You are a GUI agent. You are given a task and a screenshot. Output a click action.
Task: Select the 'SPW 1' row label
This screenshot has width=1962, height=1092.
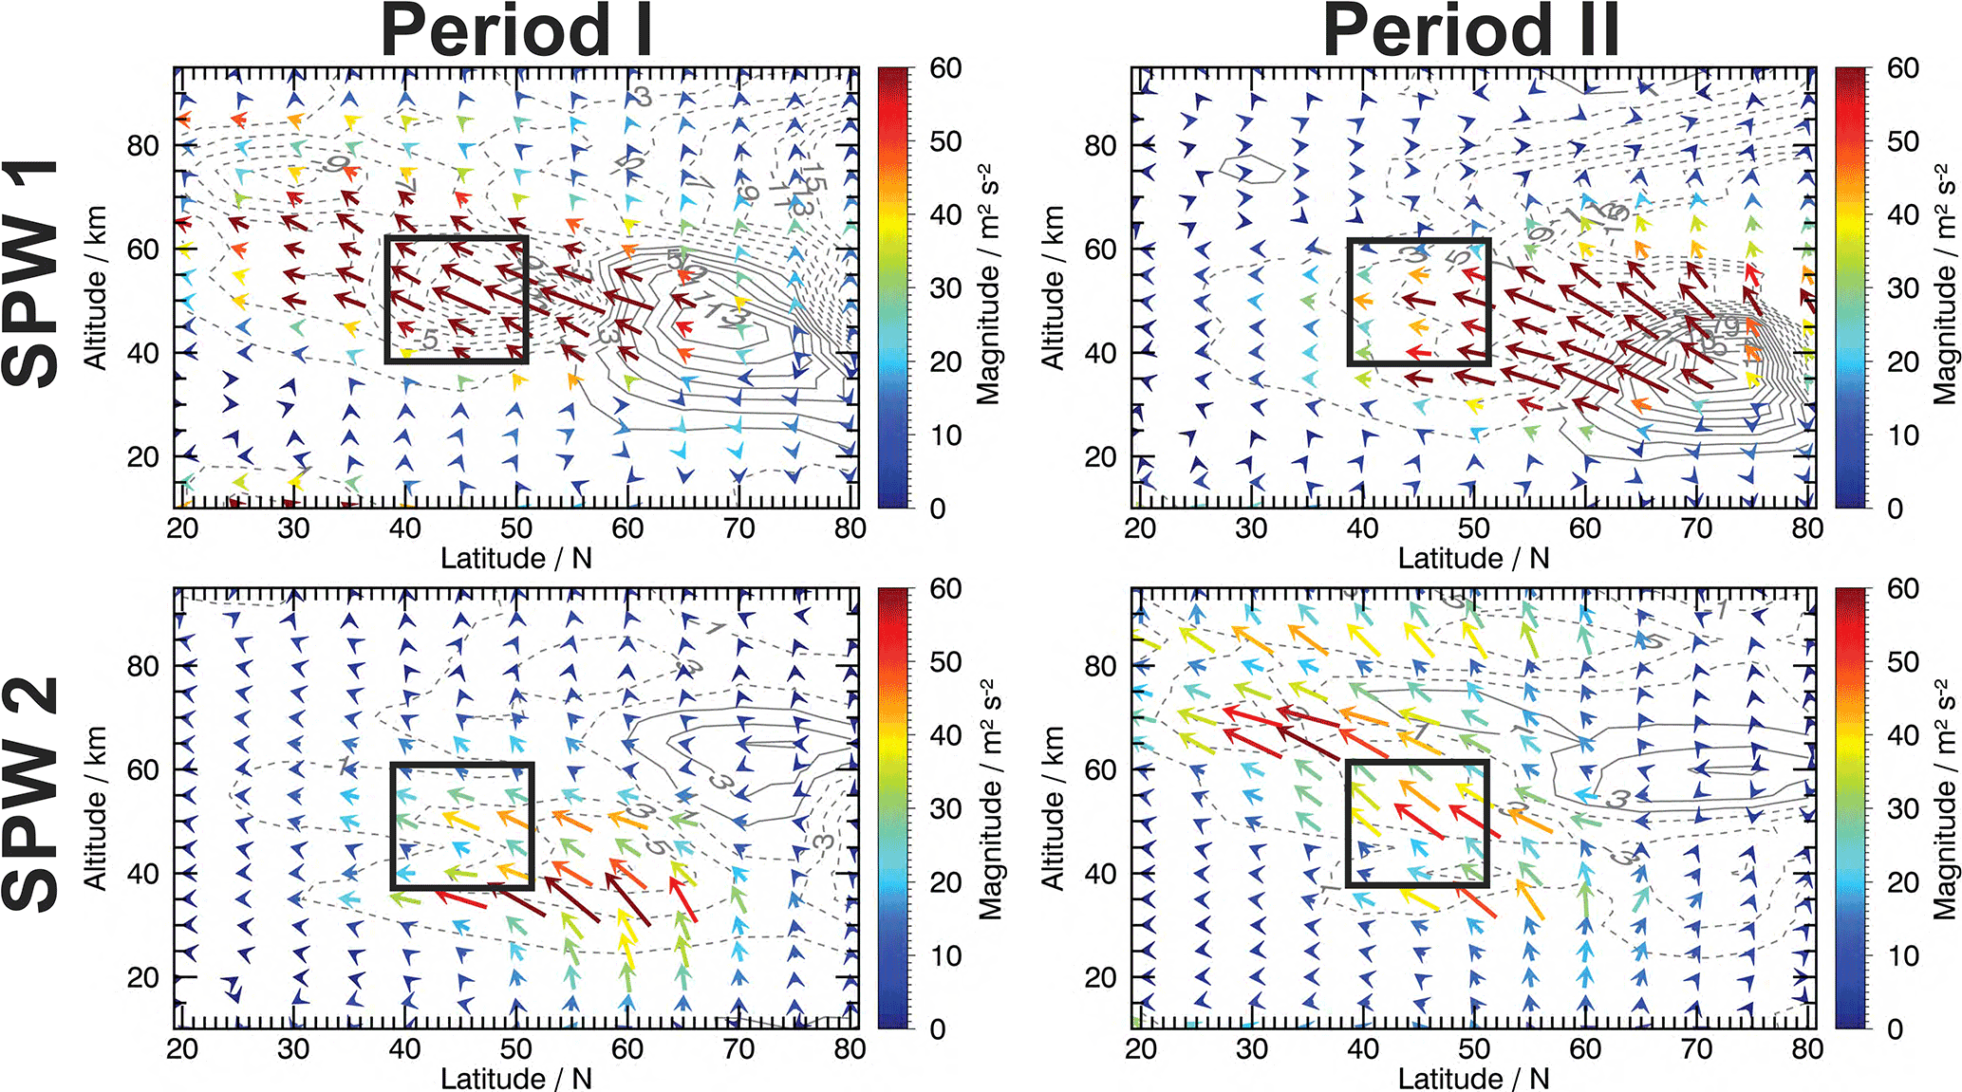point(30,275)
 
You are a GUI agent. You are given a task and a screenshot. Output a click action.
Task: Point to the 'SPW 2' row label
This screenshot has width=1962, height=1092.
point(30,795)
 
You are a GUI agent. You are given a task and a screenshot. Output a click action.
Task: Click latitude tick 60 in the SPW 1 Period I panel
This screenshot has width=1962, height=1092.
point(627,528)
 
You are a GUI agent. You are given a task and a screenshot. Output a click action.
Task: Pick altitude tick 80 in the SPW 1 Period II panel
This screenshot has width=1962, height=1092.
point(1100,146)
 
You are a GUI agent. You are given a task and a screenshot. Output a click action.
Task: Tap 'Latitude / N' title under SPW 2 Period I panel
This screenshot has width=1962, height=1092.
point(515,1078)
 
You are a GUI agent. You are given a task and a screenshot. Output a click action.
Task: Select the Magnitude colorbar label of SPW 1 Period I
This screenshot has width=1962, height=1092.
point(989,285)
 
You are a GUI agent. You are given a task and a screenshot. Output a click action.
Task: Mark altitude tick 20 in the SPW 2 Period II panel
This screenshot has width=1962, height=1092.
point(1100,977)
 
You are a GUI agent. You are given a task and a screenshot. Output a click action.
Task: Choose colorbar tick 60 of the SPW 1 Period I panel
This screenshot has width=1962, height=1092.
point(945,68)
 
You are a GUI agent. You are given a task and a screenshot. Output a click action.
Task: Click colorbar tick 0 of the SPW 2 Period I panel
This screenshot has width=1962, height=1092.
point(938,1029)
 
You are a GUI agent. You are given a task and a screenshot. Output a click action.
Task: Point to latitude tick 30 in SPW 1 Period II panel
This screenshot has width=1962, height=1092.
point(1251,528)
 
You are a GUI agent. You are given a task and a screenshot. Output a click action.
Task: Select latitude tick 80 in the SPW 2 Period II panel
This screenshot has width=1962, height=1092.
point(1807,1049)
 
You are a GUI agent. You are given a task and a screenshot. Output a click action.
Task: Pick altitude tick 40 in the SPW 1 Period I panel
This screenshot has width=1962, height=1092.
point(142,353)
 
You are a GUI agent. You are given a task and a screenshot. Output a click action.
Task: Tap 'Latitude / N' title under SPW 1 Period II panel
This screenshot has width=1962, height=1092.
point(1473,558)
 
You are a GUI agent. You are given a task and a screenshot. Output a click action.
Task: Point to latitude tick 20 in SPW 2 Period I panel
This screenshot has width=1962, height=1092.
point(182,1049)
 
